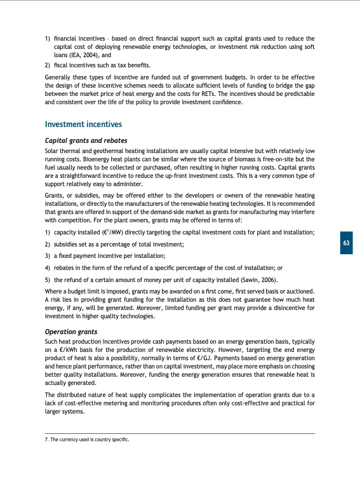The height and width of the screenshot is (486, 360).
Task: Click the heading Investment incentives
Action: (84, 125)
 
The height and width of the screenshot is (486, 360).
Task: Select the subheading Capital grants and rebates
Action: (86, 140)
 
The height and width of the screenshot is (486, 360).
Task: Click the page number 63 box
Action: (346, 243)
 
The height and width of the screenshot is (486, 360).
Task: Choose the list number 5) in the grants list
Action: (48, 278)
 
